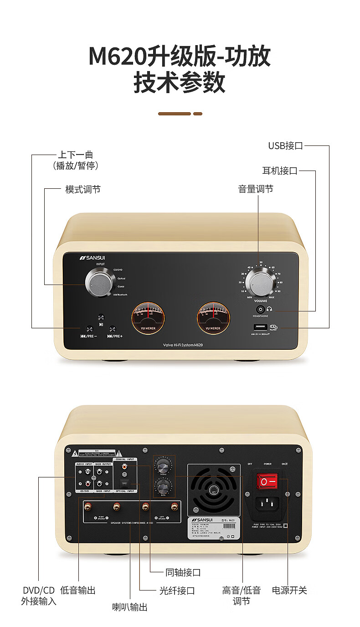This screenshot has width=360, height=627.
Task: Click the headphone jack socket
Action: [x=260, y=309]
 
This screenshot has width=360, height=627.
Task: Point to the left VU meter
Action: [x=148, y=316]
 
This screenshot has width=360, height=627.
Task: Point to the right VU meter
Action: [x=213, y=316]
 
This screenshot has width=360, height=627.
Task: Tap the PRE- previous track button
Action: [x=90, y=329]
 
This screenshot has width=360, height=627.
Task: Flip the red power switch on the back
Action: [x=268, y=482]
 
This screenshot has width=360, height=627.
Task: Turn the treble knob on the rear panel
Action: [x=163, y=466]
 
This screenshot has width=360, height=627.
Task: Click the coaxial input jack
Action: [x=123, y=467]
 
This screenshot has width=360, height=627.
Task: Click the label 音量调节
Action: [x=256, y=189]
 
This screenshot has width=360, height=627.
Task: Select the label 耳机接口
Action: [x=280, y=171]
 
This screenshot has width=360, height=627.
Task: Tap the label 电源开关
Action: [x=289, y=591]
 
